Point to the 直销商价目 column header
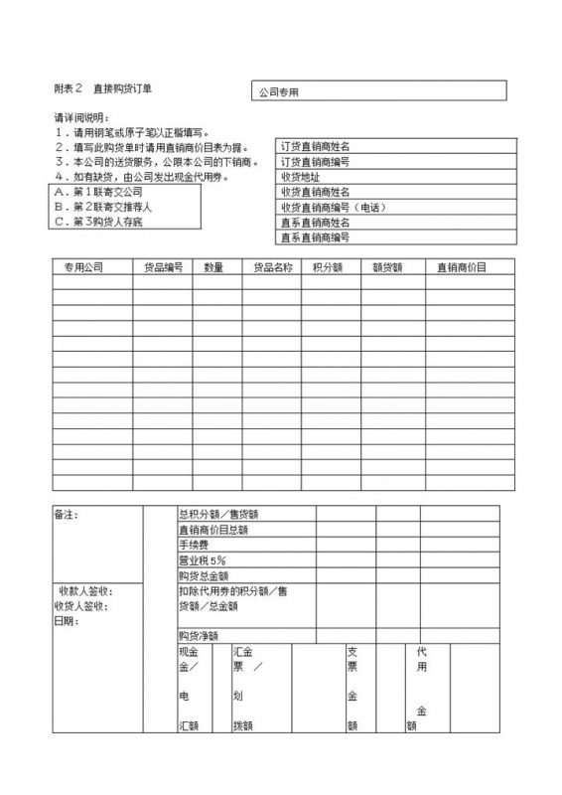click(462, 267)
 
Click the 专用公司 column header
click(83, 267)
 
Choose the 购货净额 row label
click(198, 636)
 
